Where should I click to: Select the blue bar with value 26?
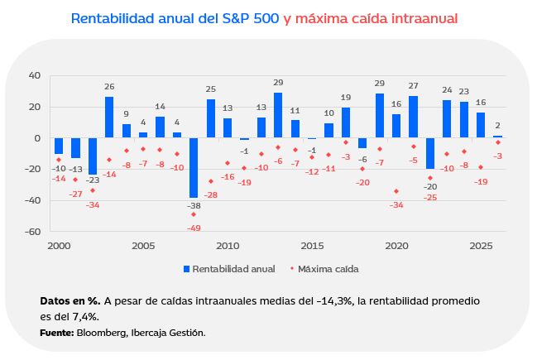pos(109,118)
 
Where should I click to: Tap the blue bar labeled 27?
pos(413,117)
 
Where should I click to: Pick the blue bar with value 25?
pos(211,118)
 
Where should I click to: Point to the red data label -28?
pos(211,194)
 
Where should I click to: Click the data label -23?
pos(93,180)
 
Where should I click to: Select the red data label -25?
pos(430,197)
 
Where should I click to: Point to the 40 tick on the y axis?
pos(34,75)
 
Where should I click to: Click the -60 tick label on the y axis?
pos(32,232)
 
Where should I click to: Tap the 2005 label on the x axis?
pos(143,246)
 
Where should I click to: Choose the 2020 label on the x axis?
pos(396,246)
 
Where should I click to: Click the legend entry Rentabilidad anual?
pos(228,269)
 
